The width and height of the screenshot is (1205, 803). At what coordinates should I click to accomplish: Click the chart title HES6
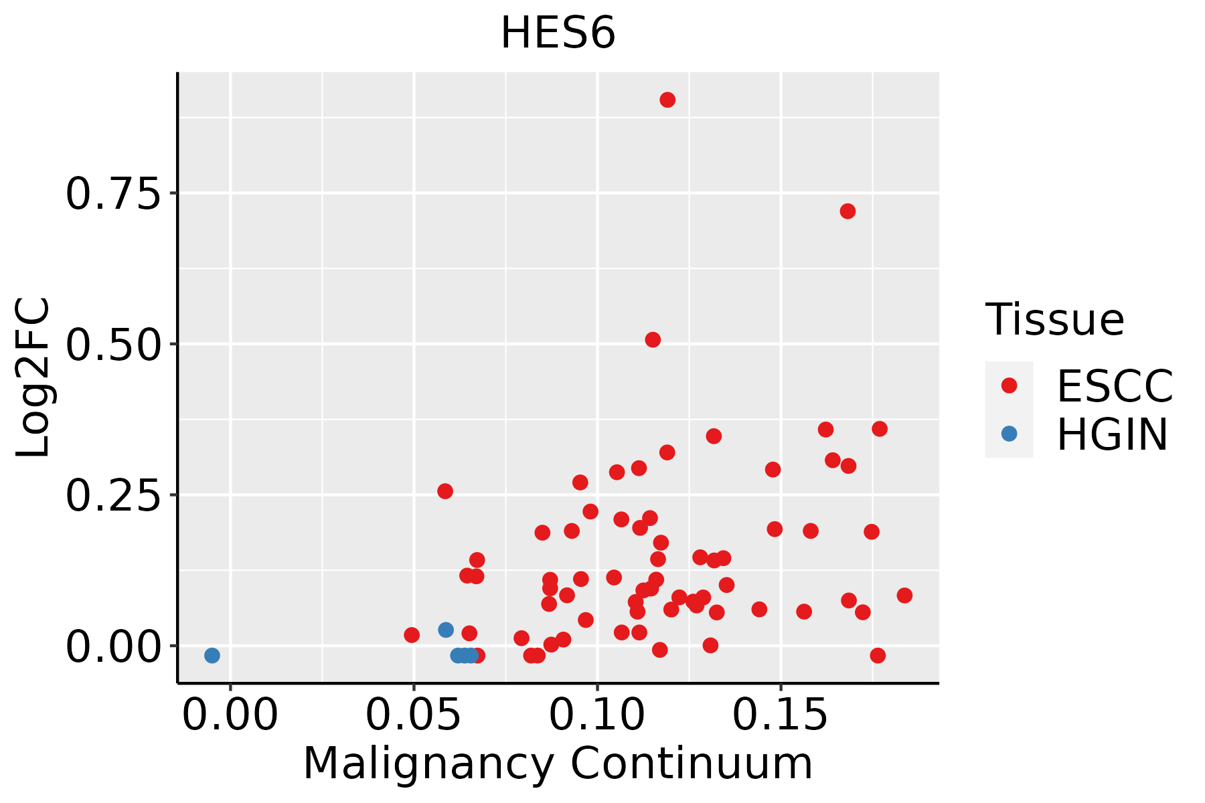[x=558, y=33]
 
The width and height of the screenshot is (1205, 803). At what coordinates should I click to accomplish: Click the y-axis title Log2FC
[x=33, y=377]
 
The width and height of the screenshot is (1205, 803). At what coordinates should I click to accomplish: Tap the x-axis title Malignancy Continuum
[x=558, y=764]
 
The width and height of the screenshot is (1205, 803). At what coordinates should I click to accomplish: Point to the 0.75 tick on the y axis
[x=114, y=194]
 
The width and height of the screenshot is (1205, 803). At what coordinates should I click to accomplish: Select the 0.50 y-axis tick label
[x=114, y=345]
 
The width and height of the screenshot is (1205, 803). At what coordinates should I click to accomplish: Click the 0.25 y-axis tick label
[x=114, y=496]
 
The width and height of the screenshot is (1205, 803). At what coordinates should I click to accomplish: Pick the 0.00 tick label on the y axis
[x=114, y=647]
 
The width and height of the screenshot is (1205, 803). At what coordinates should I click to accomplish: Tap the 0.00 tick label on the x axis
[x=230, y=715]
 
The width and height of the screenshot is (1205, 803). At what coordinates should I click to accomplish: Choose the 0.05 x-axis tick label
[x=414, y=715]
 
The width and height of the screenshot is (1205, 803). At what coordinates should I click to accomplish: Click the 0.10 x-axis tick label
[x=597, y=715]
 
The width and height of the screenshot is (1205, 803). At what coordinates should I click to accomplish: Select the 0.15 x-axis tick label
[x=781, y=715]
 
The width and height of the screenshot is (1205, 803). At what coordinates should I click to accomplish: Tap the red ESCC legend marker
[x=1009, y=385]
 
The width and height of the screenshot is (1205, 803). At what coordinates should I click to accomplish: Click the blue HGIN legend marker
[x=1009, y=434]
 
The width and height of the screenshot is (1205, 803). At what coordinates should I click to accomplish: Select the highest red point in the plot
[x=667, y=100]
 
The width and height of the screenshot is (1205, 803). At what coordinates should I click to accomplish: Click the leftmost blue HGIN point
[x=212, y=655]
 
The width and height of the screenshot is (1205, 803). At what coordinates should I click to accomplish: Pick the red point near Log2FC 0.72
[x=848, y=211]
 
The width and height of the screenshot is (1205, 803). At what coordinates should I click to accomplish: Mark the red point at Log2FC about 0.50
[x=653, y=340]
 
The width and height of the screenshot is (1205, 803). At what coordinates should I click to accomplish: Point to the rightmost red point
[x=904, y=596]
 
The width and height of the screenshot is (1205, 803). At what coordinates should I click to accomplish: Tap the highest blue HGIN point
[x=446, y=630]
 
